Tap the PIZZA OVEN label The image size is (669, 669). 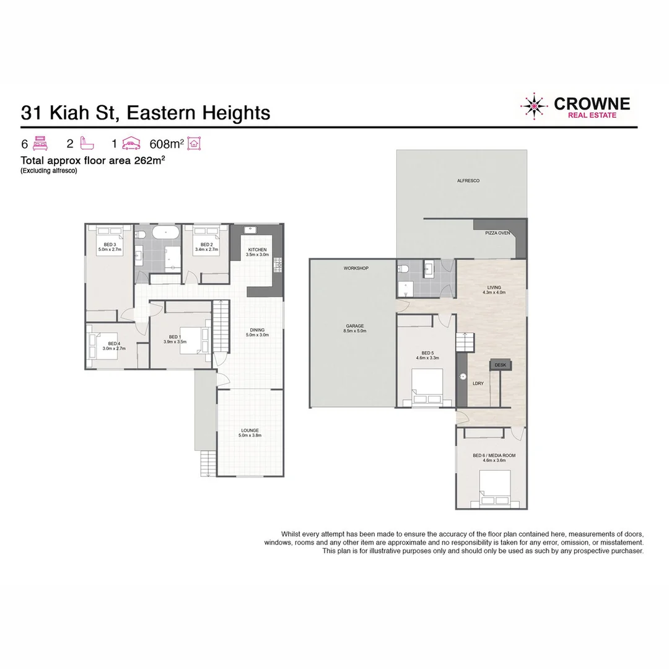coord(497,234)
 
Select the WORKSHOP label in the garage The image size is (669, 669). coord(356,268)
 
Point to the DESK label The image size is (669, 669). coord(501,365)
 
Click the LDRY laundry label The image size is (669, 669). coord(478,383)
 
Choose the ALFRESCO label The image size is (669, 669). coord(468,181)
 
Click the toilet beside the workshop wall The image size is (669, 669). coord(404,269)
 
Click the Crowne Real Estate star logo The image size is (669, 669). coord(534,106)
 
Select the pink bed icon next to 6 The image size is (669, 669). coord(40,144)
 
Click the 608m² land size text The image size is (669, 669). coord(167,144)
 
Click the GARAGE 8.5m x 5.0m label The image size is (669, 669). coord(355,329)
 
